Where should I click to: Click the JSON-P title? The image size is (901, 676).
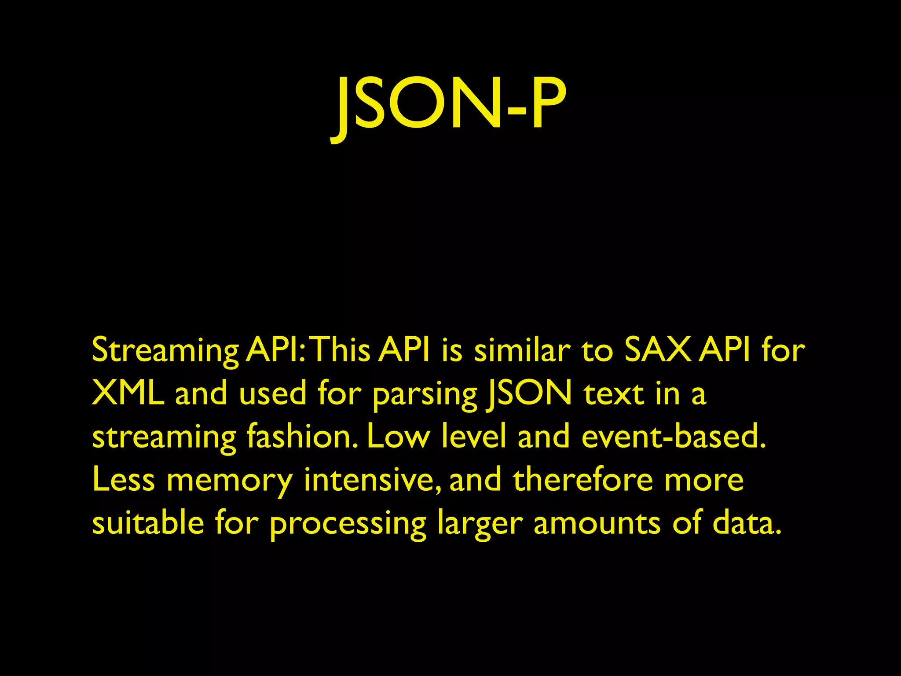tap(449, 106)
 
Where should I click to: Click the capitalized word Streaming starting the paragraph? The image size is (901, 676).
tap(165, 351)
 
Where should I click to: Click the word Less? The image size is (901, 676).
tap(124, 479)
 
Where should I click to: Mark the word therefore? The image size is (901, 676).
tap(583, 479)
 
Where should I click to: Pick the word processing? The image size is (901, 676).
tap(348, 524)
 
